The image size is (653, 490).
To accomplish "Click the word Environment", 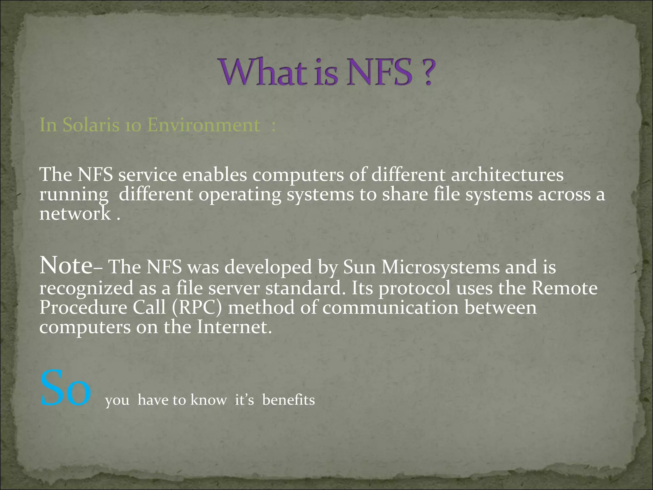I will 204,125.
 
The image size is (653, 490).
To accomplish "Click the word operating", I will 240,195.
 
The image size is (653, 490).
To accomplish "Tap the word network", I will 75,213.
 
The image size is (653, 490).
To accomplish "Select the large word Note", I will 66,265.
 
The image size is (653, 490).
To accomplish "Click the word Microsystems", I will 441,267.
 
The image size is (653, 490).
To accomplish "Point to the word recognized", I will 86,288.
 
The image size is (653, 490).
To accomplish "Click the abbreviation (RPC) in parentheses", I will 196,308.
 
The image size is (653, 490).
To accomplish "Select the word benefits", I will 288,400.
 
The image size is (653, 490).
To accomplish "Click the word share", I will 405,194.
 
